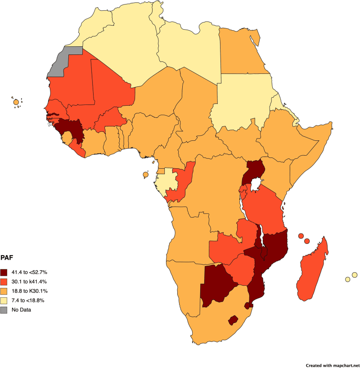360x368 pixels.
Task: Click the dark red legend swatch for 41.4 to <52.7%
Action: tap(4, 272)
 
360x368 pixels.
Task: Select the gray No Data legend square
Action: tap(4, 310)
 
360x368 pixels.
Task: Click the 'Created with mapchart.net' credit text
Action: tap(333, 365)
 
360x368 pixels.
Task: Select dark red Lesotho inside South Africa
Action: tap(233, 320)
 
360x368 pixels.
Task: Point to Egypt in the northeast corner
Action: tap(241, 49)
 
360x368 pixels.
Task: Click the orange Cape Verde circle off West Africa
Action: tap(16, 103)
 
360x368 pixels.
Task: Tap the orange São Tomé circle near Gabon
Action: tap(146, 175)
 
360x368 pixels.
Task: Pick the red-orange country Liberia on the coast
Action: tap(79, 148)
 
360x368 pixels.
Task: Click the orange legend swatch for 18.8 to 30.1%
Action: tap(4, 291)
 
